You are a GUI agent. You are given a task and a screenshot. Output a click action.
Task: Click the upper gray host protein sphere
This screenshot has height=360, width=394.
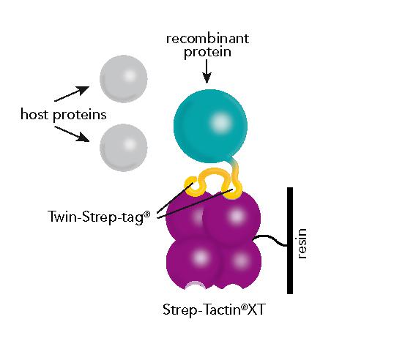pos(123,79)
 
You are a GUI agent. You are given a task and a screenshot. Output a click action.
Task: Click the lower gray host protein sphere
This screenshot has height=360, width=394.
pos(123,148)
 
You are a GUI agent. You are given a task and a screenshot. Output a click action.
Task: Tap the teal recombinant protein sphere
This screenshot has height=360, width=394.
pos(211,126)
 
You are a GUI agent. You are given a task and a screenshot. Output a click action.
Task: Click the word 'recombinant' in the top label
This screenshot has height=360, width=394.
pos(207,39)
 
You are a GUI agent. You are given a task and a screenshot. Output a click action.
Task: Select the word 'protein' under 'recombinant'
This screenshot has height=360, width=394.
pos(207,52)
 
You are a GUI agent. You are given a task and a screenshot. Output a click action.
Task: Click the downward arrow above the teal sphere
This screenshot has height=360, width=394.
pos(207,72)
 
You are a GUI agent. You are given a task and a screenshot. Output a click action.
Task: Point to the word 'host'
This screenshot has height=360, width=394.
pos(34,114)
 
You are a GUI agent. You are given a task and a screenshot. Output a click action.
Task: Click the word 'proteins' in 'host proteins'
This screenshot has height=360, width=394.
pos(80,115)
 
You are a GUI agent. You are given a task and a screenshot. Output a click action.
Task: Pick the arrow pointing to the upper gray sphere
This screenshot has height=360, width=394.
pos(72,94)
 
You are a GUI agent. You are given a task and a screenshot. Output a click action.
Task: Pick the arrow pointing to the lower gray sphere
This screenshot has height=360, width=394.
pos(72,134)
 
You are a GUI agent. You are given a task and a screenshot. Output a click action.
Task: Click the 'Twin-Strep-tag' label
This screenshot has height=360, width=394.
pos(99,217)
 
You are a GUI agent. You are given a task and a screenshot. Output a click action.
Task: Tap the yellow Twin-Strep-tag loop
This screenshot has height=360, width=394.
pos(214,182)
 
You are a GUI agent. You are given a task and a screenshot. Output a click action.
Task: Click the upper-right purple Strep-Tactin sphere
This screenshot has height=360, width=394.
pos(231,217)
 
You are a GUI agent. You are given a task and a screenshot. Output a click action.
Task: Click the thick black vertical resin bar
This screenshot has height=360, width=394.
pos(290,241)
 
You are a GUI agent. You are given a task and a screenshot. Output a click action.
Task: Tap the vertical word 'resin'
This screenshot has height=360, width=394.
pos(302,244)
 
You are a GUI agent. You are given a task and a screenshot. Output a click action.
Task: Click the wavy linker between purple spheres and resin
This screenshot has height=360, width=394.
pos(270,240)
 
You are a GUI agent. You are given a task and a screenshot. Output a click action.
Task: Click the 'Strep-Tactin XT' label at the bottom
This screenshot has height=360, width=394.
pos(214,310)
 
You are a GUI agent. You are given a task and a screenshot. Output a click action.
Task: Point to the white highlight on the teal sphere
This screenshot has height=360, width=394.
pos(220,122)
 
